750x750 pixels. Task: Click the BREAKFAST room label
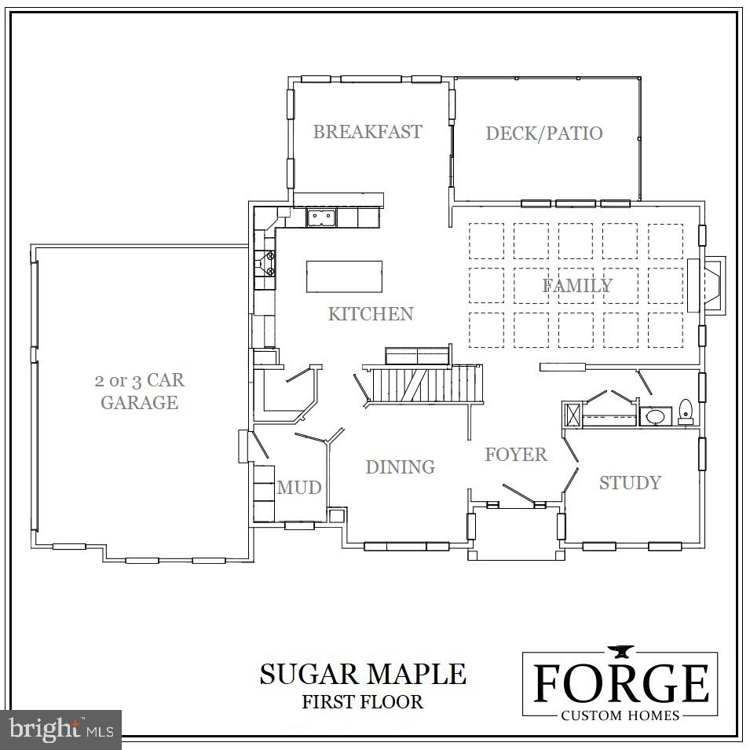click(x=368, y=132)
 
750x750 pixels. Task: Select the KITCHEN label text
click(x=370, y=314)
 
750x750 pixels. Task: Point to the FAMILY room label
click(x=577, y=286)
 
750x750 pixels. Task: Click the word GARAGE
click(x=139, y=403)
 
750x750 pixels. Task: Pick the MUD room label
click(x=299, y=488)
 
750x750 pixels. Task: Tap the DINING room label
click(x=400, y=467)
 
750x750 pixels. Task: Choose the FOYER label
click(x=515, y=455)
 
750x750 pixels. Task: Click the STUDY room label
click(x=630, y=483)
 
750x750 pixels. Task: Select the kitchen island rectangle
click(x=344, y=276)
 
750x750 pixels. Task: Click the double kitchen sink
click(x=321, y=217)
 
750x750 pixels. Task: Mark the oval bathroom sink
click(x=653, y=416)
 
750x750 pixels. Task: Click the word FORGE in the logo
click(x=620, y=683)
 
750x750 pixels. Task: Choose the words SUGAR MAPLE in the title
click(x=363, y=674)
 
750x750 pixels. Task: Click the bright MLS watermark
click(x=61, y=730)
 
